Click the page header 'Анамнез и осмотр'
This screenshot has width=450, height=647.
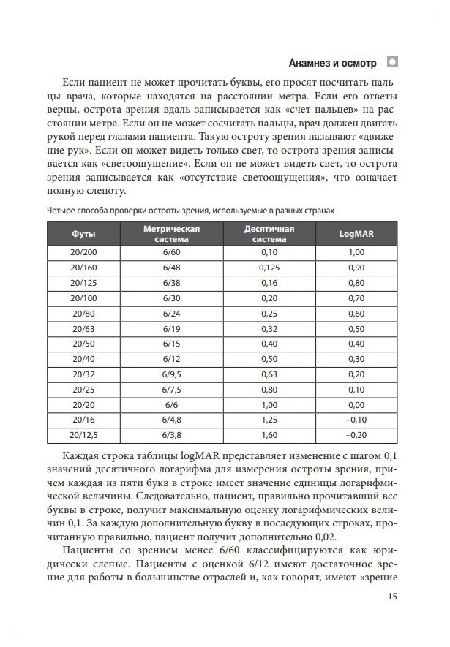(x=334, y=62)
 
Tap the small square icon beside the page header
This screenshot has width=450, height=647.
(x=392, y=61)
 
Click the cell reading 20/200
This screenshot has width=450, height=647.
(x=83, y=251)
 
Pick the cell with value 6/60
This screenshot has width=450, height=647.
(x=172, y=251)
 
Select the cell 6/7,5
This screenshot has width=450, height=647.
(x=172, y=390)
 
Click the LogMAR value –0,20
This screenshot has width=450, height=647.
(x=356, y=436)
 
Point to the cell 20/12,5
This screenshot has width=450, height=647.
(x=83, y=436)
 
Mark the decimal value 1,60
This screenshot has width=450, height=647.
(x=269, y=436)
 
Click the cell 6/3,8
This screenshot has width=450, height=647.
(x=172, y=436)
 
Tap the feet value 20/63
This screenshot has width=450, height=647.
(x=83, y=328)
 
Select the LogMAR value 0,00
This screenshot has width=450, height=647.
(x=356, y=405)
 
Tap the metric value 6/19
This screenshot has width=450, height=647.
(x=172, y=328)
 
